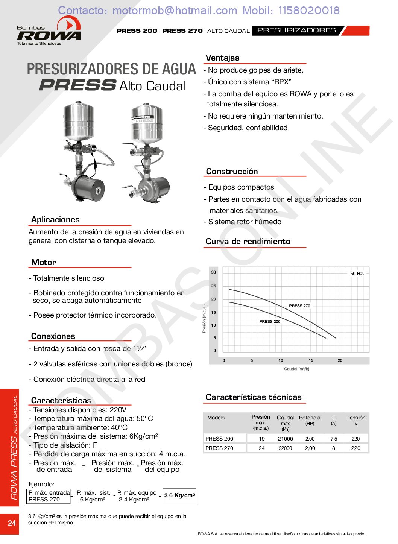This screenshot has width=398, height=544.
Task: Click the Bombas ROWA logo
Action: (x=49, y=33)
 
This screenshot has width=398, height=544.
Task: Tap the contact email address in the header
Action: (x=175, y=11)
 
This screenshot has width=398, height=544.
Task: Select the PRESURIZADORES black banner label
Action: (x=296, y=30)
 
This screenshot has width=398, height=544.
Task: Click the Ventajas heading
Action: (x=222, y=58)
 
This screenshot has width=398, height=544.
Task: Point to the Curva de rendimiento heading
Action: (x=248, y=242)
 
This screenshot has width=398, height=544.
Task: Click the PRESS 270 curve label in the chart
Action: (x=299, y=306)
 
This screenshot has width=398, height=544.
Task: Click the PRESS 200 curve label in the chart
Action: (x=270, y=321)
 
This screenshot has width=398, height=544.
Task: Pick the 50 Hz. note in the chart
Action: (x=357, y=274)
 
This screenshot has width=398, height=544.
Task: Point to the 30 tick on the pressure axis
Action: (x=214, y=272)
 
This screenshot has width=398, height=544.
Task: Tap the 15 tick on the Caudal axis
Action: (x=311, y=360)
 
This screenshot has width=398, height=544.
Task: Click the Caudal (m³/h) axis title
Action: (x=296, y=369)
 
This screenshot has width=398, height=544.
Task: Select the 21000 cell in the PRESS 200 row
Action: (x=285, y=439)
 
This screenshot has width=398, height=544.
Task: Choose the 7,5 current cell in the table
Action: (x=334, y=439)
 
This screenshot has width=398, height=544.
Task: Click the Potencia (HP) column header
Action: (x=310, y=420)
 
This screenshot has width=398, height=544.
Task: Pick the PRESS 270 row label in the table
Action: (x=219, y=448)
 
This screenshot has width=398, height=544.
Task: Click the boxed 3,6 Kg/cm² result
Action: (x=179, y=495)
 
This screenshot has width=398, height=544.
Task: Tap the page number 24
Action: (x=12, y=523)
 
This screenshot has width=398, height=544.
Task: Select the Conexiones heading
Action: (x=53, y=336)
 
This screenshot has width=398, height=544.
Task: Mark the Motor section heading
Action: (x=44, y=263)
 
